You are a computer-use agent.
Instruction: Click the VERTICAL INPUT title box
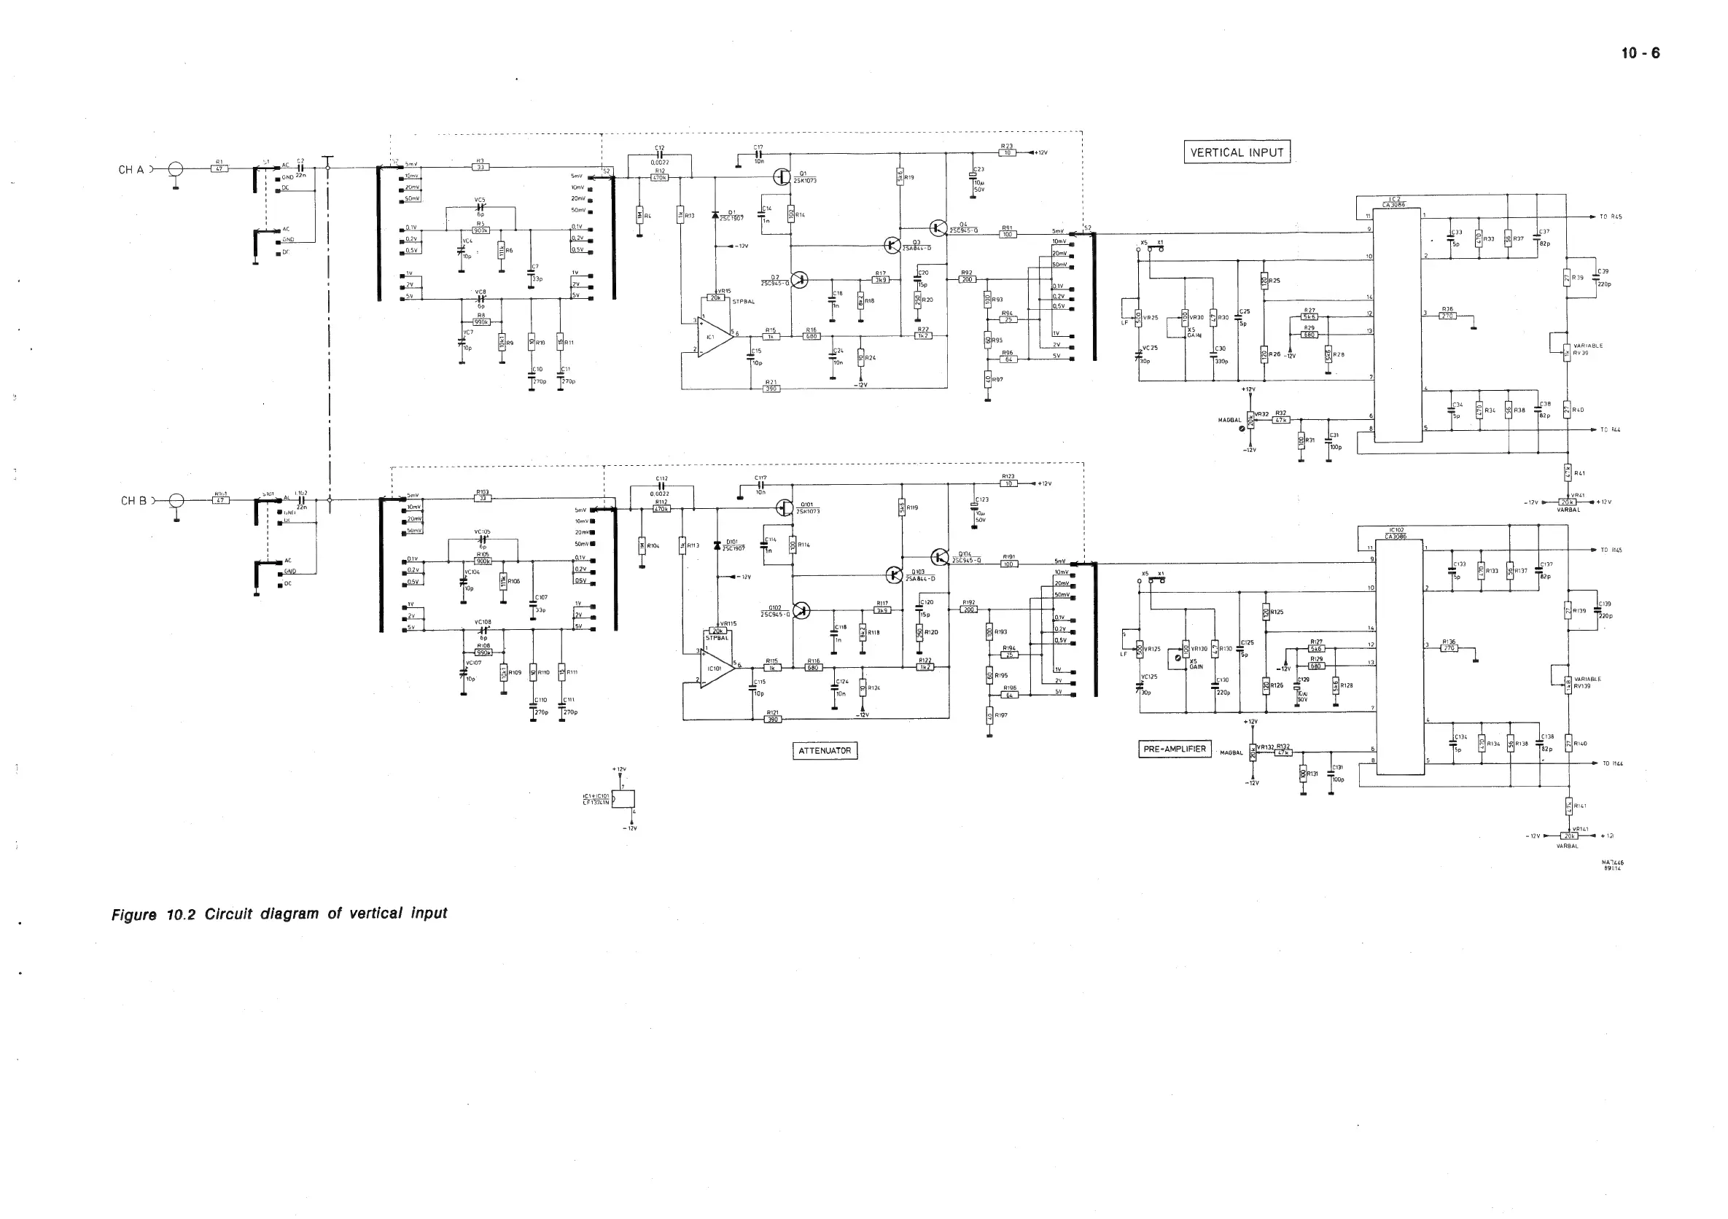[1237, 152]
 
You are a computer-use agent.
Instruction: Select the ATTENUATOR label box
[825, 750]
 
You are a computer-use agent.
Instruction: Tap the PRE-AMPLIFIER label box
[1174, 749]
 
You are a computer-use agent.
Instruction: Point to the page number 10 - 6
[1640, 53]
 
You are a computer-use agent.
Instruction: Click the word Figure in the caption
[134, 915]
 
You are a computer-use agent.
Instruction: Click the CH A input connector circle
[176, 169]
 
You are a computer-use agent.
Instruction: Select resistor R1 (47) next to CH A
[219, 168]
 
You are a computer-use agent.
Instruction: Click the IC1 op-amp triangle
[715, 335]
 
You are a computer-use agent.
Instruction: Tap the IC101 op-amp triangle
[716, 666]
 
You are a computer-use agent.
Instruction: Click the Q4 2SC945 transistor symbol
[938, 227]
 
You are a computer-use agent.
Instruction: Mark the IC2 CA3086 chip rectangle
[1398, 324]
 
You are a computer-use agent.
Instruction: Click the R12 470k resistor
[659, 178]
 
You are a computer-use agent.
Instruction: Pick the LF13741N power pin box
[624, 798]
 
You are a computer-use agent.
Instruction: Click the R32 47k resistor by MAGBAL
[1281, 420]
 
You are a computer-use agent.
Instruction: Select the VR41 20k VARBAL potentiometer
[1567, 502]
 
